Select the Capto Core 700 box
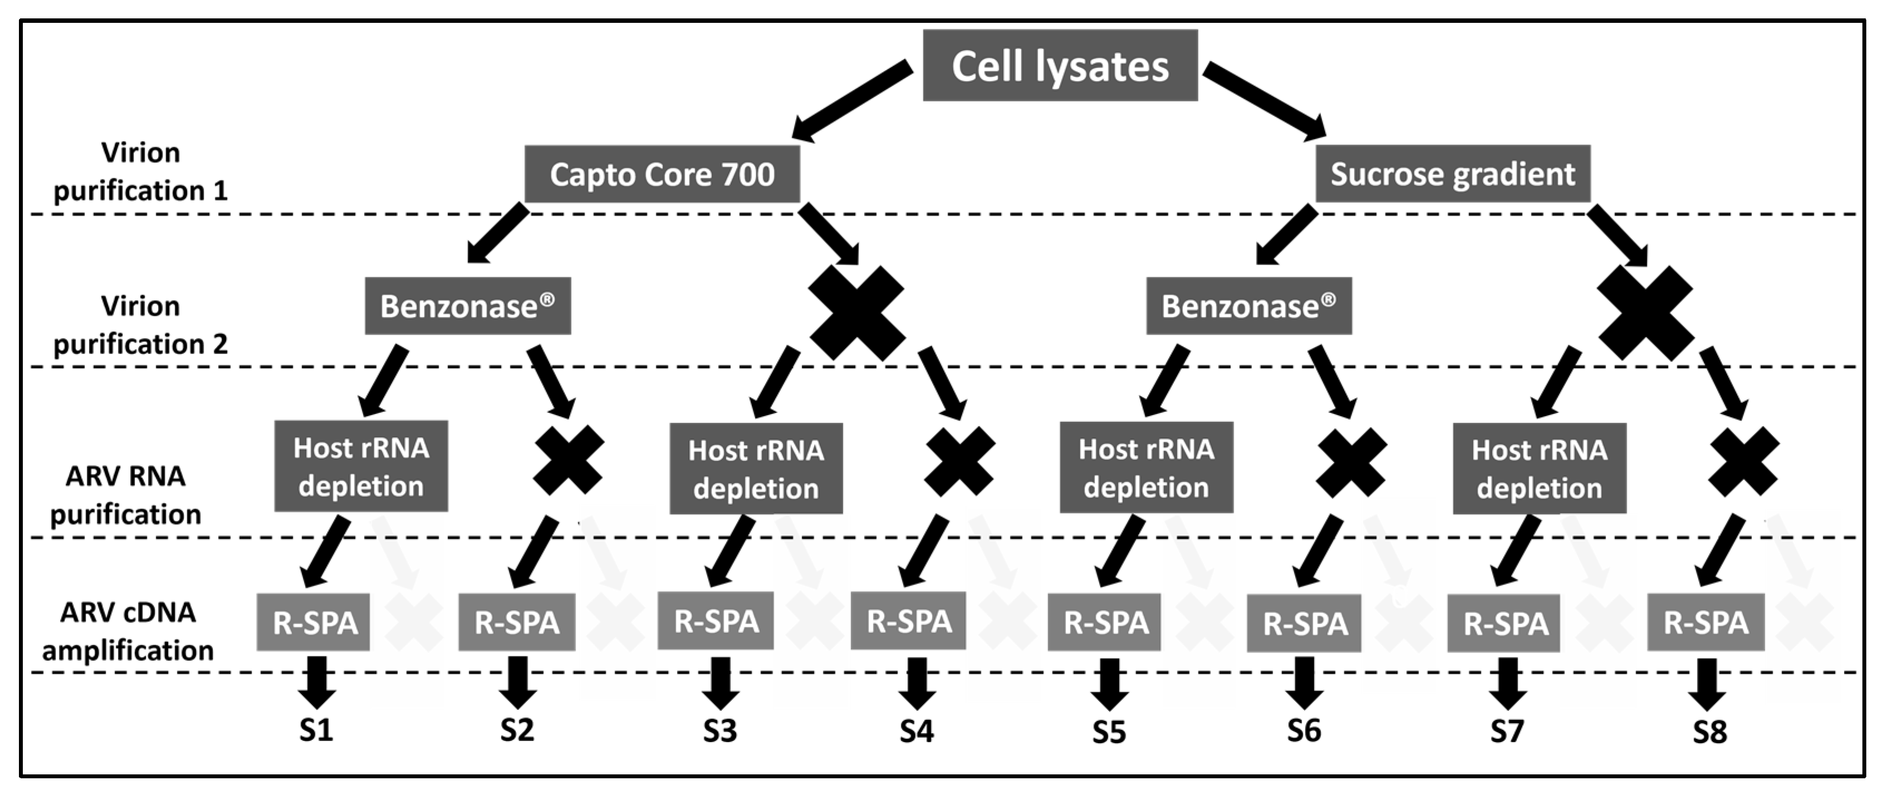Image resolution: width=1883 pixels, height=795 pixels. tap(661, 174)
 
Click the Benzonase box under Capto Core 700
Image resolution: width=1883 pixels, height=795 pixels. tap(467, 306)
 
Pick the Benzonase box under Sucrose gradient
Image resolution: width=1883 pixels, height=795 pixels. tap(1248, 306)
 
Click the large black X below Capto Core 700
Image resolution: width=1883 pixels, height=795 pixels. tap(857, 313)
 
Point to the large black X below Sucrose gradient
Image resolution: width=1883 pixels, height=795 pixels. tap(1645, 313)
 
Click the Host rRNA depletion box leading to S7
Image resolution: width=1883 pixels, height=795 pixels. tap(1539, 468)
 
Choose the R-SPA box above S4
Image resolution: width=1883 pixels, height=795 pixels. tap(908, 622)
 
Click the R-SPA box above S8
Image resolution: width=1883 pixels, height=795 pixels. tap(1705, 623)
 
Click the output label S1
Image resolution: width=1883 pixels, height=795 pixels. tap(316, 730)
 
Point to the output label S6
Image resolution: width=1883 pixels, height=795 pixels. tap(1303, 730)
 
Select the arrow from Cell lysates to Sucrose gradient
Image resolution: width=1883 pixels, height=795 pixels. tap(1264, 100)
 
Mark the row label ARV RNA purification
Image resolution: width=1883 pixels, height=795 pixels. tap(126, 495)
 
